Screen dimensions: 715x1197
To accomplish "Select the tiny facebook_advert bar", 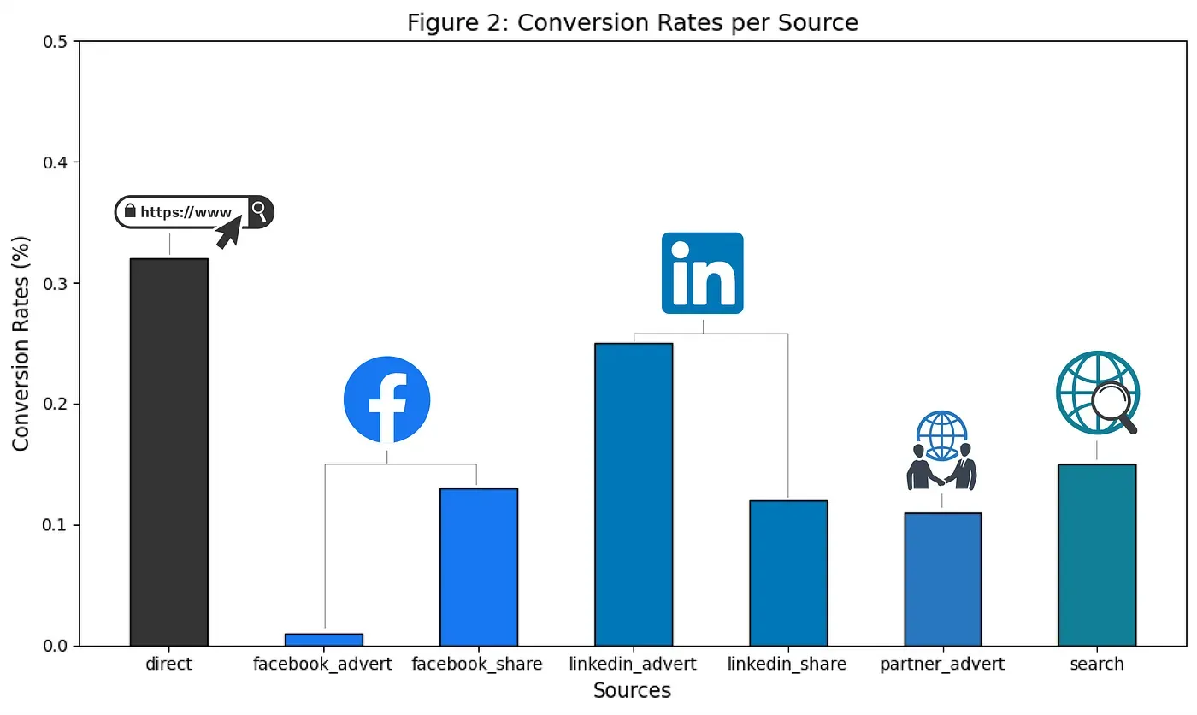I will click(324, 639).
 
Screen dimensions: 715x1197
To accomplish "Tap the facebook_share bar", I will click(479, 566).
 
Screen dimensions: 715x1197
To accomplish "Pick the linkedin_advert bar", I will click(634, 493).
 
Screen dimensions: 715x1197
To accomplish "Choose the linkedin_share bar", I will click(788, 572).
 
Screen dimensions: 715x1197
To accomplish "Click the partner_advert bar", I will click(942, 579).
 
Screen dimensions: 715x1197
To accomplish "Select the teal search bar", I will click(1097, 554).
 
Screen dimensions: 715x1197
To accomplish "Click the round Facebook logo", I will click(386, 399).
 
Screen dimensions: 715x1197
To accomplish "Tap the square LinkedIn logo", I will click(703, 273).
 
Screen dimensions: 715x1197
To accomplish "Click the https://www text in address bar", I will click(186, 212).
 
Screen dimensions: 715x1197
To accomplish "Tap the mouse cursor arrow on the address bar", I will click(228, 232).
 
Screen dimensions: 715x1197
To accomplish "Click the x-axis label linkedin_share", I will click(787, 664).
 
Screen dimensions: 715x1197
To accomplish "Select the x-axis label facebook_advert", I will click(323, 664).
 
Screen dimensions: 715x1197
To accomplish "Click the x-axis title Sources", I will click(632, 691).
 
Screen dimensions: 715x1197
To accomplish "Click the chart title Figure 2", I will click(632, 22).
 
